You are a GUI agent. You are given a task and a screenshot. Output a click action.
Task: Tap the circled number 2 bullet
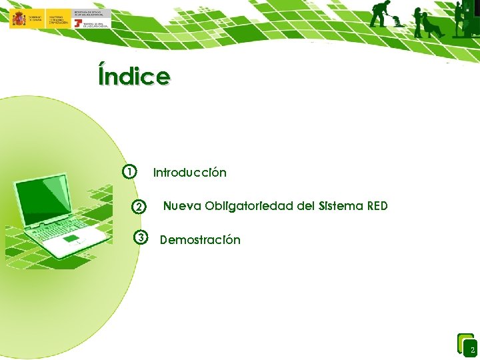[137, 207]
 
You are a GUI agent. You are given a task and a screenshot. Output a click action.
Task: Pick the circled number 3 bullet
[140, 237]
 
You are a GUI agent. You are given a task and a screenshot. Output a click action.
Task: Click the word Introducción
[190, 173]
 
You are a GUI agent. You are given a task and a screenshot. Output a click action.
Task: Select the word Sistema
[341, 206]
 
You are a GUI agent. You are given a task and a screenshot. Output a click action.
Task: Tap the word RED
[377, 206]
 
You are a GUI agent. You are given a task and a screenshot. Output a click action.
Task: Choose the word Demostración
[200, 240]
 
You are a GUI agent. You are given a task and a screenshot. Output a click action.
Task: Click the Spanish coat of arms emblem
[18, 18]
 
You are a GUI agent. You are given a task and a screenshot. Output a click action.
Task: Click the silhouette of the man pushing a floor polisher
[381, 13]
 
